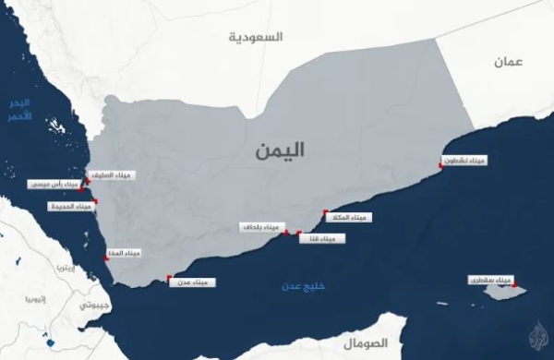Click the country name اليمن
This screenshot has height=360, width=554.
click(x=281, y=152)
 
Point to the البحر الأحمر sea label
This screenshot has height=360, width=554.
click(x=18, y=109)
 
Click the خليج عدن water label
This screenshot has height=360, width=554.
click(x=305, y=287)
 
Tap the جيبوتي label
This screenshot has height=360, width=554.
click(x=95, y=304)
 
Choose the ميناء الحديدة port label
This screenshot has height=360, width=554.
click(x=71, y=206)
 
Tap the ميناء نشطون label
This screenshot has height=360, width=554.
click(x=464, y=162)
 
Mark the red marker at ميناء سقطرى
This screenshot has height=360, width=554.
click(x=512, y=282)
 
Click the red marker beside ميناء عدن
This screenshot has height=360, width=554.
click(x=168, y=277)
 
